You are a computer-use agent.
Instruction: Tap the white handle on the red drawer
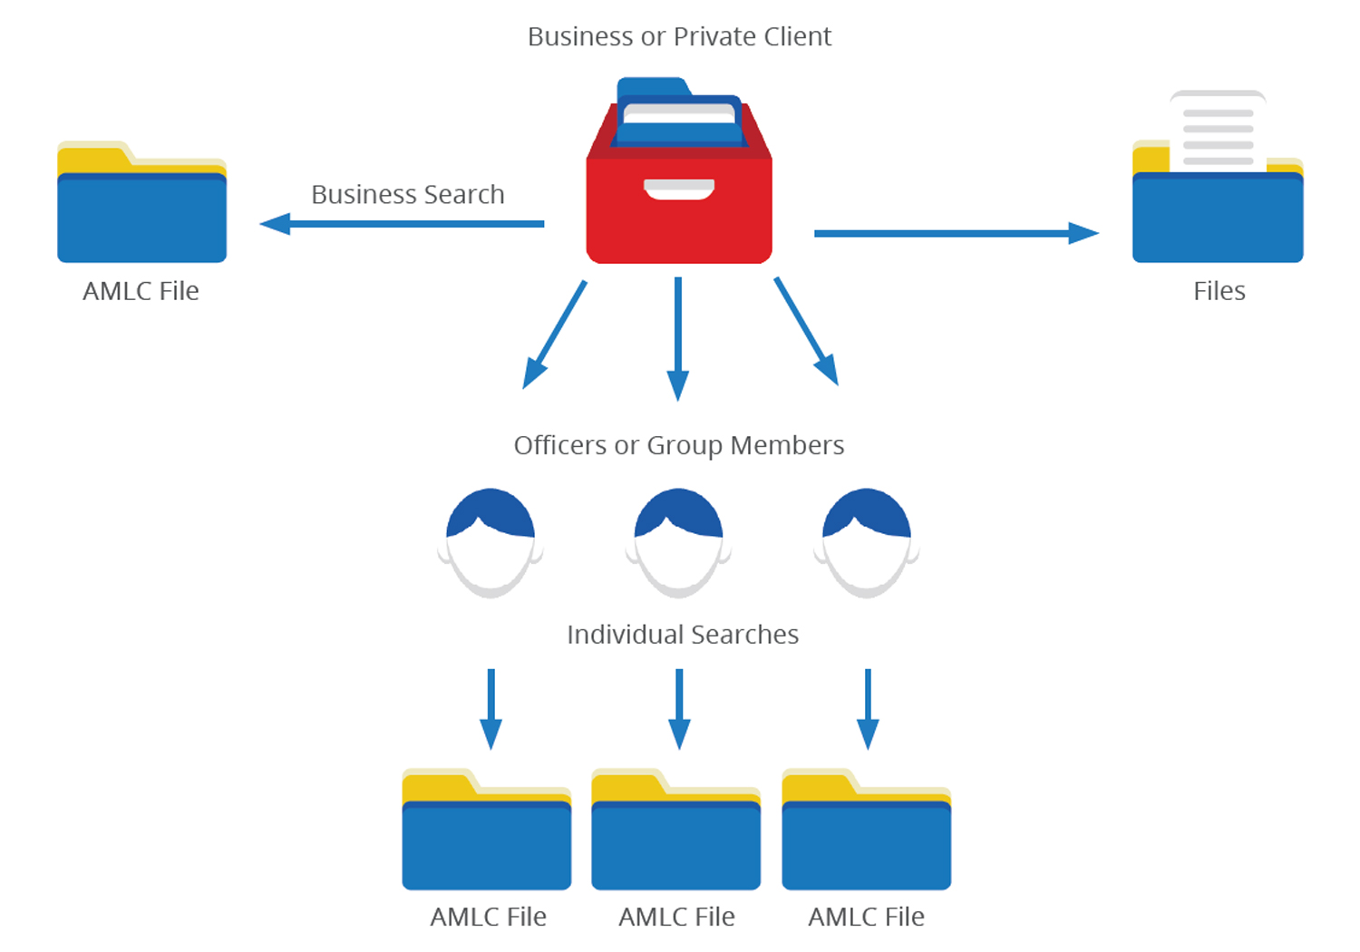(679, 189)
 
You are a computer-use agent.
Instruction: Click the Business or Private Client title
(679, 36)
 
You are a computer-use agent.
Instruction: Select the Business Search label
(408, 194)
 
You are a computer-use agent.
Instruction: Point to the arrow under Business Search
(402, 223)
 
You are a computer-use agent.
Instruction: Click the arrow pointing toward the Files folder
(957, 233)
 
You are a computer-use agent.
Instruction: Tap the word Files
(1219, 291)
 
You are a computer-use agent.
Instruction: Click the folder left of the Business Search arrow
(141, 204)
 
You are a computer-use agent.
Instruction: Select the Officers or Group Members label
(679, 445)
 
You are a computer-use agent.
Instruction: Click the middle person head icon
(678, 542)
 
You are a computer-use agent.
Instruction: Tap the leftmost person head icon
(491, 542)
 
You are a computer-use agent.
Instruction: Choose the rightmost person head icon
(867, 542)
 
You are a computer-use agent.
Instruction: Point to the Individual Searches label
(683, 635)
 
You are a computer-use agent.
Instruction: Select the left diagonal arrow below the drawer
(555, 334)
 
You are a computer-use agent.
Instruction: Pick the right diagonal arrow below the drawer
(806, 331)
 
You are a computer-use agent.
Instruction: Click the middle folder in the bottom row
(676, 834)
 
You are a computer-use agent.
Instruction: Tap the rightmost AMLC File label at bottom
(867, 917)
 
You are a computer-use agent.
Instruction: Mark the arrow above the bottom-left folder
(491, 708)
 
